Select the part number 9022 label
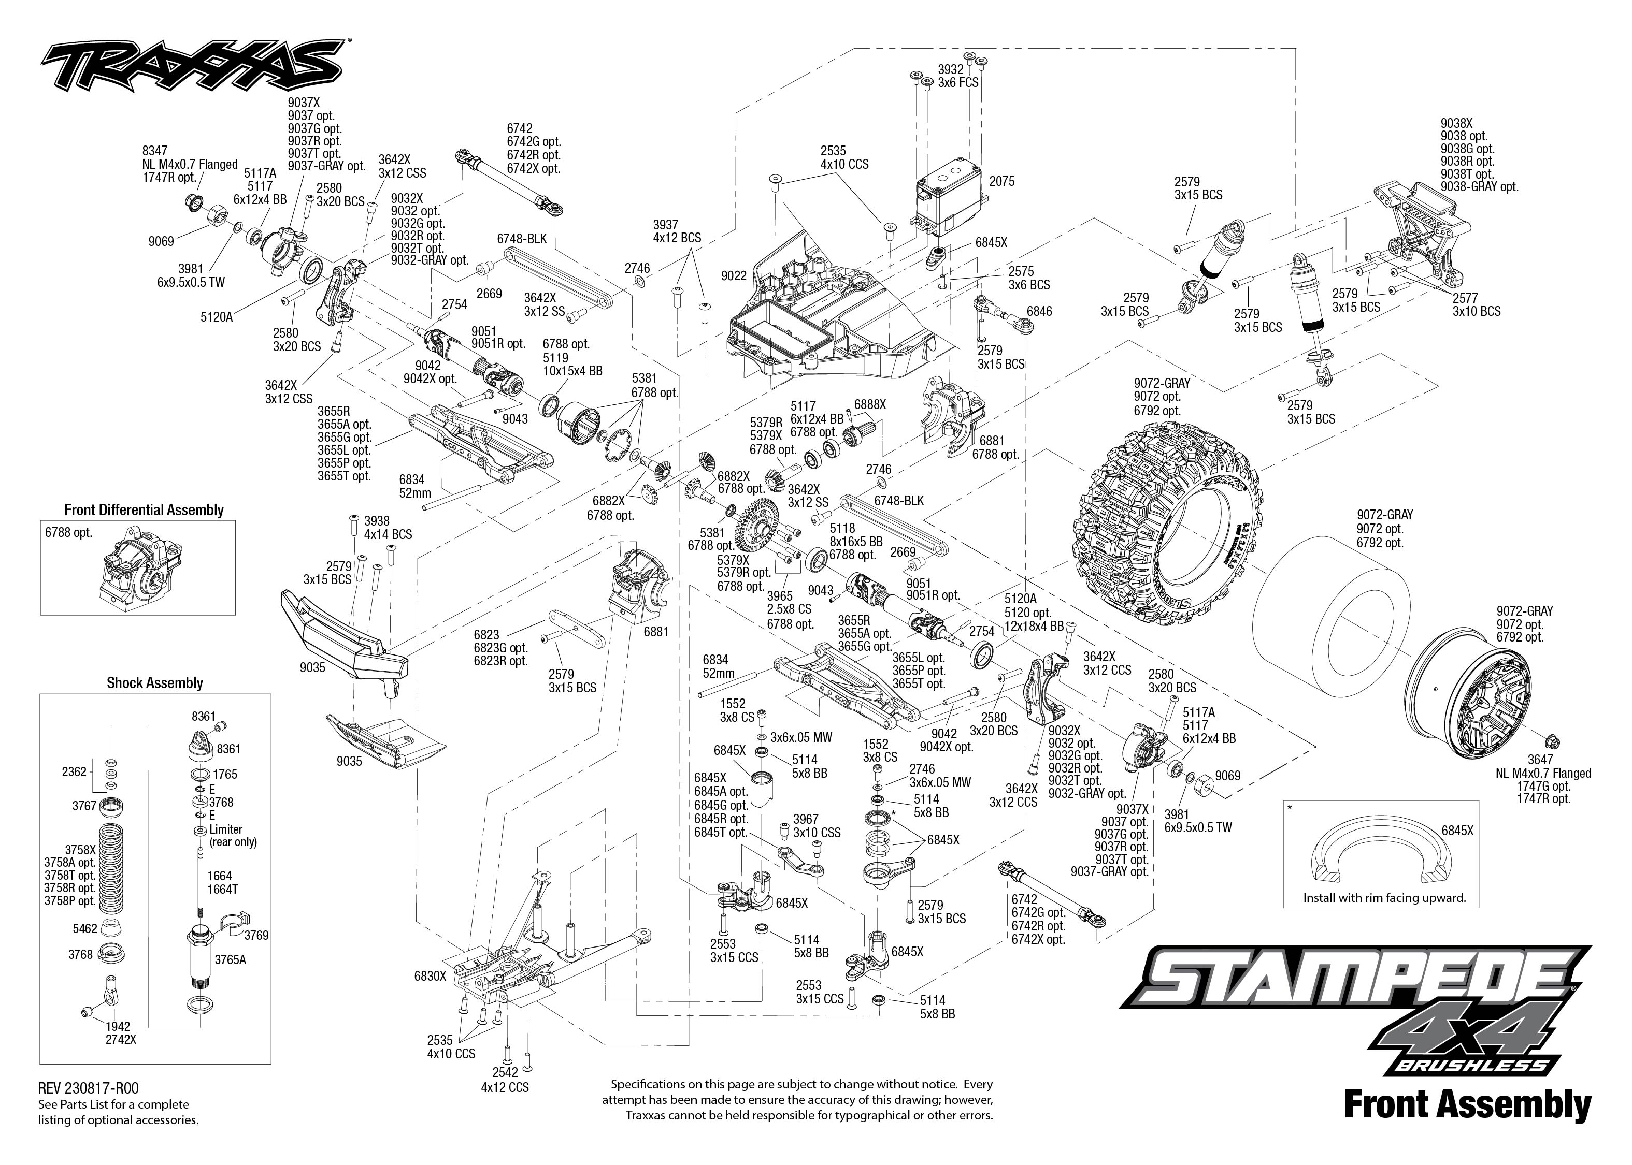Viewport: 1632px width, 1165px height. (734, 275)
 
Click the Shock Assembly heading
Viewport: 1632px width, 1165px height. (154, 683)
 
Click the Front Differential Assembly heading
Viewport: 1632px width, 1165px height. (144, 510)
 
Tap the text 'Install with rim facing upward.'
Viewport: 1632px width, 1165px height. (1384, 897)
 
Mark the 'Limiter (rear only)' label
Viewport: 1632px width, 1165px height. (233, 836)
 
